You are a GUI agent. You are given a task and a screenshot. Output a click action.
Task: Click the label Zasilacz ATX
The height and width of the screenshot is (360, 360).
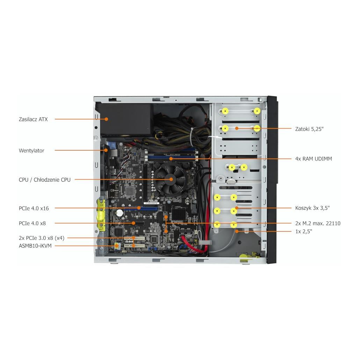[x=33, y=119]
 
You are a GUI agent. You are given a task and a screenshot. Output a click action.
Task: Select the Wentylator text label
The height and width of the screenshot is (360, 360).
[x=31, y=151]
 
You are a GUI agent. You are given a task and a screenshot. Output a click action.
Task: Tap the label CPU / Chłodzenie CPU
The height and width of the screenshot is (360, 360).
[x=44, y=180]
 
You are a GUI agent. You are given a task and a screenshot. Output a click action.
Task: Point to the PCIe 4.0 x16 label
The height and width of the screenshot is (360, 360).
[x=34, y=208]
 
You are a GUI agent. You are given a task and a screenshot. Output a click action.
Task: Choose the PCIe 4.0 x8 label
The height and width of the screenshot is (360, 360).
[x=32, y=223]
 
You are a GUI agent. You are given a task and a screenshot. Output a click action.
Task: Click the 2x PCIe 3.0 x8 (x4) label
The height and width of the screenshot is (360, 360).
[x=42, y=238]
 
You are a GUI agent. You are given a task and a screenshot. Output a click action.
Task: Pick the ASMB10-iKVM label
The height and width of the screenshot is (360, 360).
[x=35, y=246]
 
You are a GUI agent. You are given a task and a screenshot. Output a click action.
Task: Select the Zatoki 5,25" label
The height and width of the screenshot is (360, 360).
[x=309, y=129]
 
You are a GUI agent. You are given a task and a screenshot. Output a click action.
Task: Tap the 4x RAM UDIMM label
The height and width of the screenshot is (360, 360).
[x=314, y=159]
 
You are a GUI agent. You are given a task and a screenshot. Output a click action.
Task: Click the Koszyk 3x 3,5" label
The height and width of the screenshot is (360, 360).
[x=312, y=208]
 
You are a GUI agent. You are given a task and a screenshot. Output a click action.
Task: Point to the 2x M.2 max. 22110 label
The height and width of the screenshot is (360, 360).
[x=318, y=223]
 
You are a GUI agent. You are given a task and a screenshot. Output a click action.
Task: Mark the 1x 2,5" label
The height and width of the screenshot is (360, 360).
[x=303, y=231]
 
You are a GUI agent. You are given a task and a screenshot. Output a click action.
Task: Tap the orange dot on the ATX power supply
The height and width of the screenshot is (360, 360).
[x=106, y=119]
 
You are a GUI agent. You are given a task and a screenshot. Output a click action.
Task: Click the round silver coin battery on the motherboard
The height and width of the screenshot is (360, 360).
[x=120, y=213]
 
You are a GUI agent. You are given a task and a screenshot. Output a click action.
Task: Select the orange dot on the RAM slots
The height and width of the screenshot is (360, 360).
[x=171, y=159]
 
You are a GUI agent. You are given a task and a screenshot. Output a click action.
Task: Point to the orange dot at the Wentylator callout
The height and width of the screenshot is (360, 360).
[x=106, y=150]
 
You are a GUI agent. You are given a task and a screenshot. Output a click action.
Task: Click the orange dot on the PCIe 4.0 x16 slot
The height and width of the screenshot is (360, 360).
[x=139, y=208]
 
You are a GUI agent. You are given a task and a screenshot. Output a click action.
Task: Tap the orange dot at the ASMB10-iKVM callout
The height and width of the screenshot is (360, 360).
[x=116, y=246]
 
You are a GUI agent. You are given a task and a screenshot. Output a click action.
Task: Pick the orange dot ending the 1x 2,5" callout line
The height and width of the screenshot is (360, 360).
[x=237, y=231]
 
